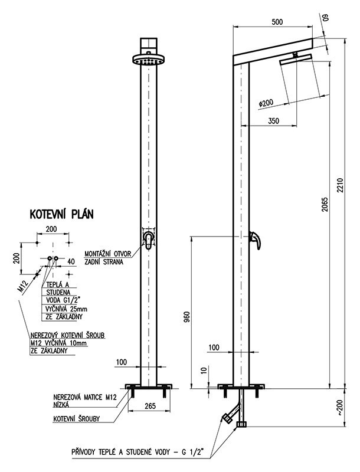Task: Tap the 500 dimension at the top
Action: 276,22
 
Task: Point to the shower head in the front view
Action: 149,60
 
